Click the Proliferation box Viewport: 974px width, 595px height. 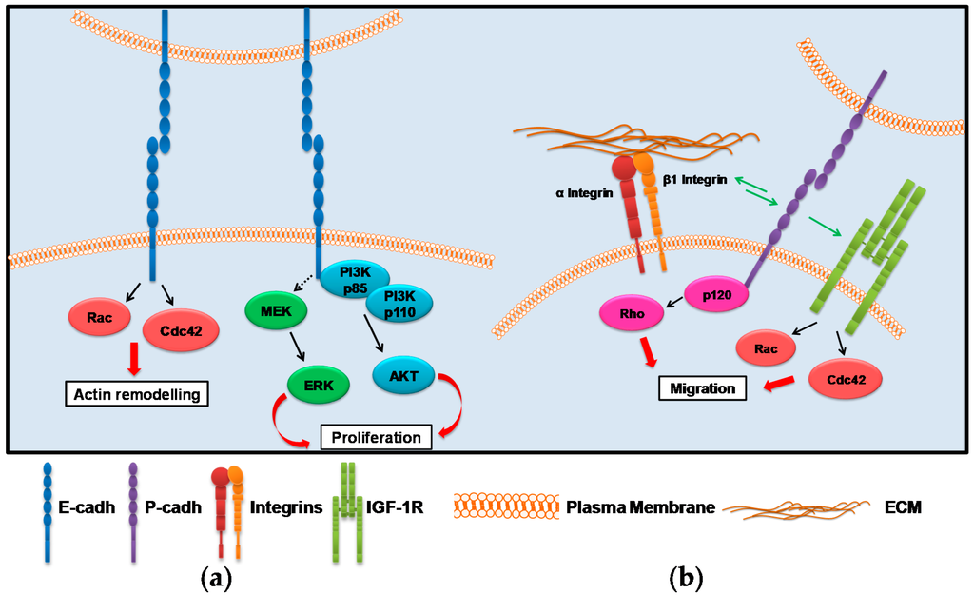(375, 437)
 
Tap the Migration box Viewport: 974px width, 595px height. (703, 388)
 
